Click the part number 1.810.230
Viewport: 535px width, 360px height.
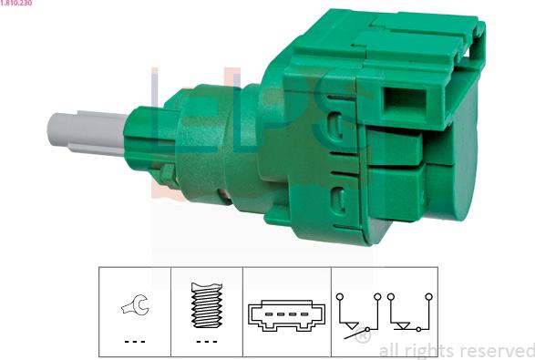pyautogui.click(x=16, y=3)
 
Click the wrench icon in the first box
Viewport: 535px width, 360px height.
pyautogui.click(x=135, y=304)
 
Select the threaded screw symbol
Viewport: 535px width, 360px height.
pyautogui.click(x=206, y=305)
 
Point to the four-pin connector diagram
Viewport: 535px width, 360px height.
pyautogui.click(x=286, y=315)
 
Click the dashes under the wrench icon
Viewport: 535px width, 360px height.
pyautogui.click(x=135, y=341)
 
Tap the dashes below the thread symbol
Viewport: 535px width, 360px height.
pyautogui.click(x=207, y=341)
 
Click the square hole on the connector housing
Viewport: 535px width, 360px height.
pyautogui.click(x=405, y=101)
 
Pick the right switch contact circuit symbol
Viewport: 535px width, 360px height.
pyautogui.click(x=410, y=313)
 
